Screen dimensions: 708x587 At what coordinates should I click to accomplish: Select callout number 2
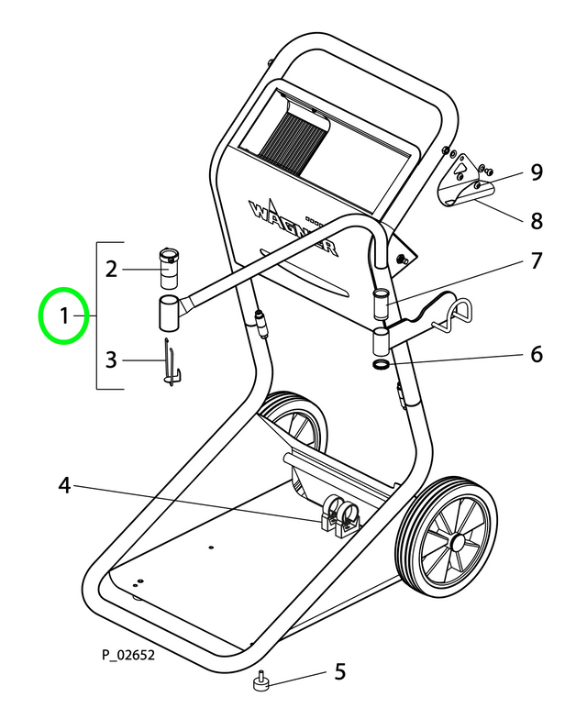[x=111, y=270]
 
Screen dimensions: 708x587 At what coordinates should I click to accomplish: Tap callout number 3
[x=111, y=360]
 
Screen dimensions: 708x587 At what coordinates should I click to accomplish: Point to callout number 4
[x=65, y=485]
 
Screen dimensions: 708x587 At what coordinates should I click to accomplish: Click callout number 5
[x=339, y=672]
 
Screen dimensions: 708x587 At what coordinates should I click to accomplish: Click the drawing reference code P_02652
[x=128, y=655]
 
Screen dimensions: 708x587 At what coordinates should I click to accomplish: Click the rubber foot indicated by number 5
[x=260, y=682]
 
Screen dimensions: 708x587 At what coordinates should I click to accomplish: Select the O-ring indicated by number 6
[x=381, y=365]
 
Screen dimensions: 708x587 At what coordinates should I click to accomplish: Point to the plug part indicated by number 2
[x=170, y=266]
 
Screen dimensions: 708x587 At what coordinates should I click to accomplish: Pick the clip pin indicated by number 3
[x=171, y=364]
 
